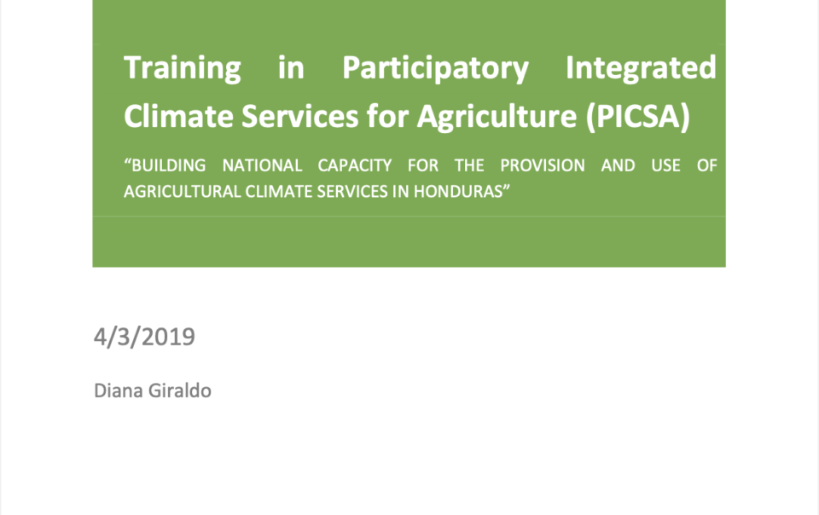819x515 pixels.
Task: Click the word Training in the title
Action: [x=183, y=68]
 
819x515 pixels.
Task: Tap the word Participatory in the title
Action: [x=435, y=68]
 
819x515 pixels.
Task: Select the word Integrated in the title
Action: [x=641, y=68]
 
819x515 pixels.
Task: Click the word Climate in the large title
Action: [x=178, y=116]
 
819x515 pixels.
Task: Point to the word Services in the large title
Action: [x=299, y=116]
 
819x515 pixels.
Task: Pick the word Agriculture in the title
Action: [x=497, y=117]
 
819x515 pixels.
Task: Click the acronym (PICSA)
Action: [x=638, y=116]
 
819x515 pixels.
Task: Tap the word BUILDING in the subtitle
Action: [x=165, y=165]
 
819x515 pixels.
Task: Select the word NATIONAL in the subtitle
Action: [x=262, y=165]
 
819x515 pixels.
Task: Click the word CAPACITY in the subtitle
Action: [x=355, y=165]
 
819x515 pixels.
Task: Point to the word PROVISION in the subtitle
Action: [x=543, y=165]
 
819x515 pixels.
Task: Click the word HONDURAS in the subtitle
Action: [x=460, y=192]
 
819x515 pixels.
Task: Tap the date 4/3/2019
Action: [x=145, y=337]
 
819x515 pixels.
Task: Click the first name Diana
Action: [x=119, y=391]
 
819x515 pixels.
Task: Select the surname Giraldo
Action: [x=180, y=391]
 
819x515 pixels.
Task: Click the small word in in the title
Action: [x=291, y=68]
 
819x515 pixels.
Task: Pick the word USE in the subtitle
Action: [x=665, y=165]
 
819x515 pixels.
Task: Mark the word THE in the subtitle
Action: [x=469, y=165]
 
